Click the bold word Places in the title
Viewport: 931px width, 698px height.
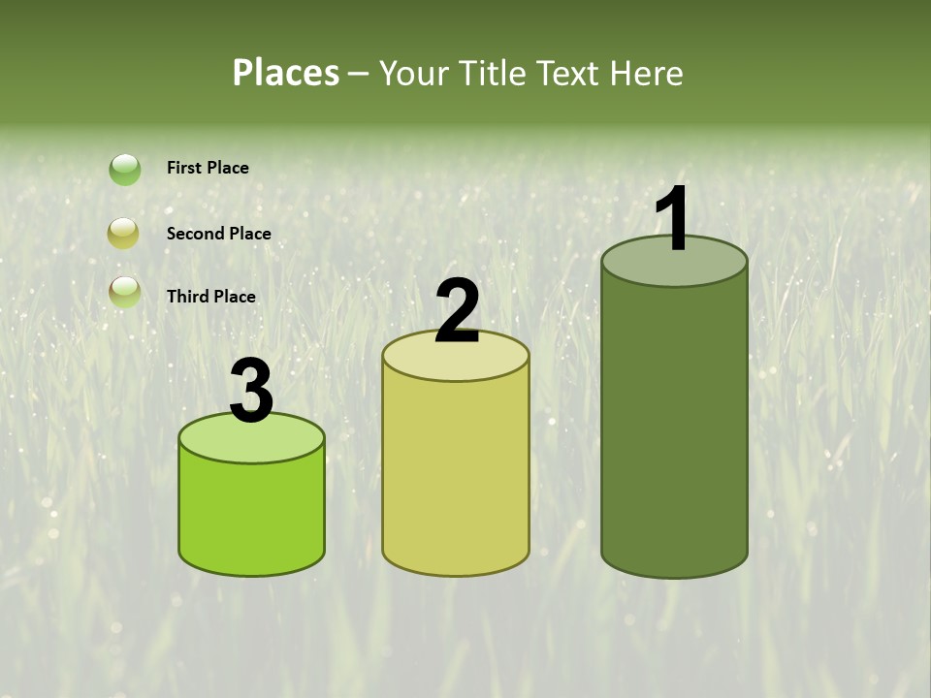coord(285,73)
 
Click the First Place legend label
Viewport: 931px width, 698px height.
coord(208,168)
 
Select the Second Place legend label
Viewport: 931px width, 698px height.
coord(218,234)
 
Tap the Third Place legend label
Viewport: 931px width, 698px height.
coord(210,297)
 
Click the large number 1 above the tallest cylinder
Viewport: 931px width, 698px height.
coord(672,219)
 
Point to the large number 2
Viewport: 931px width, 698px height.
coord(457,311)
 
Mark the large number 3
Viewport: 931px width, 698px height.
coord(252,392)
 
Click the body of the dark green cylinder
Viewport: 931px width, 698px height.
coord(674,427)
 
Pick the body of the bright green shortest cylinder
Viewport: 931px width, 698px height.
coord(252,514)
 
